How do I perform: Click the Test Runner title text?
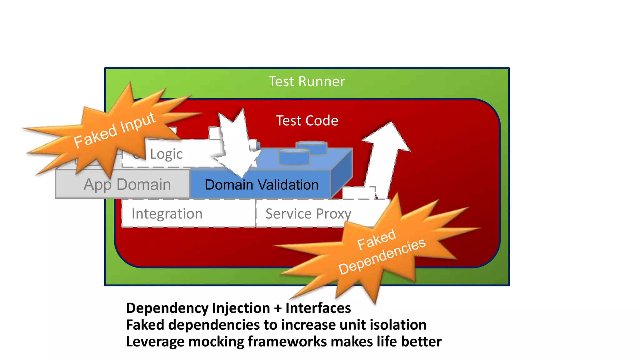[307, 82]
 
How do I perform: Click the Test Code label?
[307, 121]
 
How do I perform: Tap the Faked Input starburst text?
[114, 130]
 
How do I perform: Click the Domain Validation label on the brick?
[261, 185]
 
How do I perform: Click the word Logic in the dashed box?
[166, 154]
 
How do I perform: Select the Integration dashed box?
[167, 214]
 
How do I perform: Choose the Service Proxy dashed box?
[308, 214]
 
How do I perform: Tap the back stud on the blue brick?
[312, 147]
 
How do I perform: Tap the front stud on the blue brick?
[294, 157]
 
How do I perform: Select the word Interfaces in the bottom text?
[318, 308]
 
